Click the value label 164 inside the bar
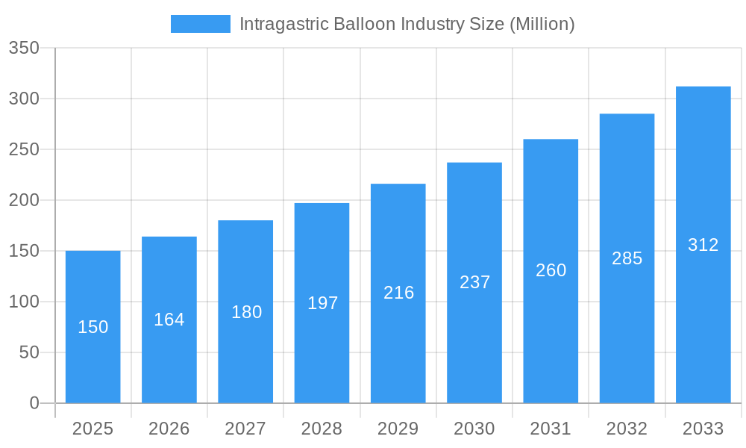click(x=169, y=320)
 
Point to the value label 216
click(x=399, y=293)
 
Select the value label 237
click(x=475, y=282)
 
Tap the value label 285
click(x=627, y=258)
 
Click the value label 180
click(x=246, y=312)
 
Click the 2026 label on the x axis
click(x=169, y=429)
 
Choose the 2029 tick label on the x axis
click(x=398, y=429)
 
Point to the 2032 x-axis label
click(x=627, y=429)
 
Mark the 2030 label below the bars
click(x=474, y=429)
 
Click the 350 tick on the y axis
click(x=24, y=49)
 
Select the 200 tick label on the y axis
click(x=24, y=200)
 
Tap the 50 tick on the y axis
click(x=29, y=352)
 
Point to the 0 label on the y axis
click(x=34, y=403)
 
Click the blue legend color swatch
click(x=201, y=24)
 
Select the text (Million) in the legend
click(x=542, y=24)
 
